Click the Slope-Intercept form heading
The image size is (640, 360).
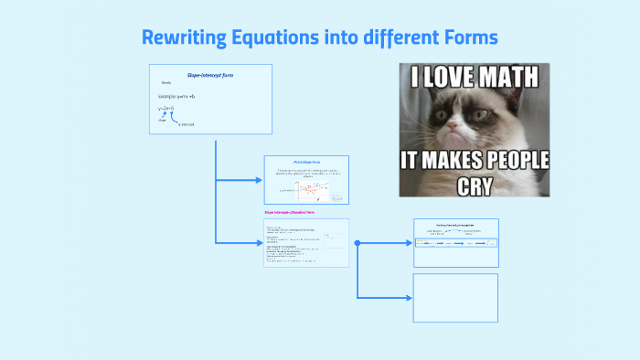point(209,74)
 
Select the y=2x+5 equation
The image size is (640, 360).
point(166,109)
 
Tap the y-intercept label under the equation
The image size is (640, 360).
point(186,124)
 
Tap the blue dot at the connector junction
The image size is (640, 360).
point(357,243)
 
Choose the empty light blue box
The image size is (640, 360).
point(455,298)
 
